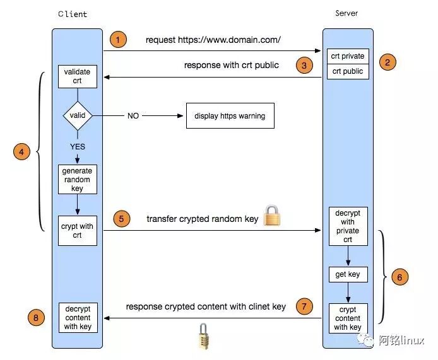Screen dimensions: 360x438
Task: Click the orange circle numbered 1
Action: (x=117, y=40)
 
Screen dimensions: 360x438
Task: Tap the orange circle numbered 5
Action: (x=122, y=219)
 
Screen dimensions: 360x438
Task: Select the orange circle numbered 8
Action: (x=36, y=318)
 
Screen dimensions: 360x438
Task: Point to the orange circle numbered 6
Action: (x=400, y=276)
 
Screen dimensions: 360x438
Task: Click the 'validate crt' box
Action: (x=78, y=76)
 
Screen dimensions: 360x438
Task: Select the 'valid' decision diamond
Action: (x=78, y=115)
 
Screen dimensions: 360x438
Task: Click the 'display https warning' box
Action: (x=230, y=116)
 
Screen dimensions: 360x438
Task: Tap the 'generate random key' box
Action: (x=77, y=180)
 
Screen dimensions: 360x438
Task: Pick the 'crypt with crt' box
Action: (x=78, y=231)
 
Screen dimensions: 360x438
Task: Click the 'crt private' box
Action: (x=348, y=56)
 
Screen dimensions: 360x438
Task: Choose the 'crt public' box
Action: (x=348, y=71)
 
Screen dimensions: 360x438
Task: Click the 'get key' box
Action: (x=348, y=275)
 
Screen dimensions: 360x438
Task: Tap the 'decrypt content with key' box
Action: (x=78, y=318)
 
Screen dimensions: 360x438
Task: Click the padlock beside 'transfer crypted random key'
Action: (x=272, y=215)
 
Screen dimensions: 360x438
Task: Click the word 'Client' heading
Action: (x=73, y=14)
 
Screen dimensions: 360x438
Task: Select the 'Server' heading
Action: (x=347, y=13)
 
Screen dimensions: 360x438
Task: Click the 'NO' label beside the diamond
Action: (x=133, y=116)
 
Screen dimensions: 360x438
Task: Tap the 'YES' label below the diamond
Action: (x=78, y=146)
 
